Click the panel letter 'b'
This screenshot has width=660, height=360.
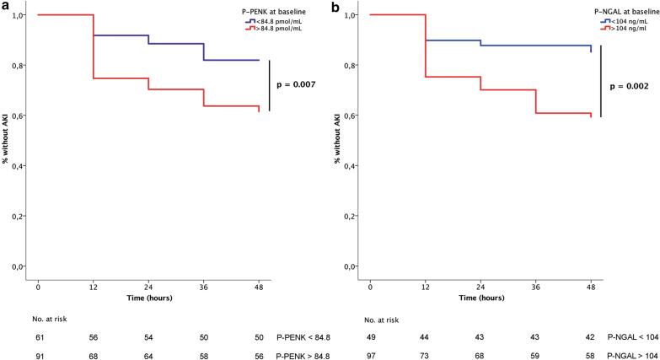(337, 8)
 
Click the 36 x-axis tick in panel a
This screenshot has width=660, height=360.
(204, 287)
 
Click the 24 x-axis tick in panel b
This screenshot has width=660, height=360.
(480, 287)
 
